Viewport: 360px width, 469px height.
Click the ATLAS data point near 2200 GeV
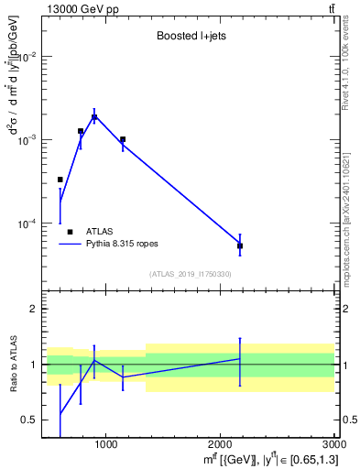[240, 245]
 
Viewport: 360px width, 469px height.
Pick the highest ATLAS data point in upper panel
[94, 117]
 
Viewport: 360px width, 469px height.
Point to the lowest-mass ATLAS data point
[60, 180]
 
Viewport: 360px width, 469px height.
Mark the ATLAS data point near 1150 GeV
[123, 139]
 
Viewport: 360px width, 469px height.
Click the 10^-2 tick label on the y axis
[28, 57]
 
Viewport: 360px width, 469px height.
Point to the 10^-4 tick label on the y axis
[28, 224]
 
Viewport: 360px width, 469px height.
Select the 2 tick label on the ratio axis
[36, 310]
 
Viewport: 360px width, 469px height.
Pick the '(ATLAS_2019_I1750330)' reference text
[191, 274]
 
